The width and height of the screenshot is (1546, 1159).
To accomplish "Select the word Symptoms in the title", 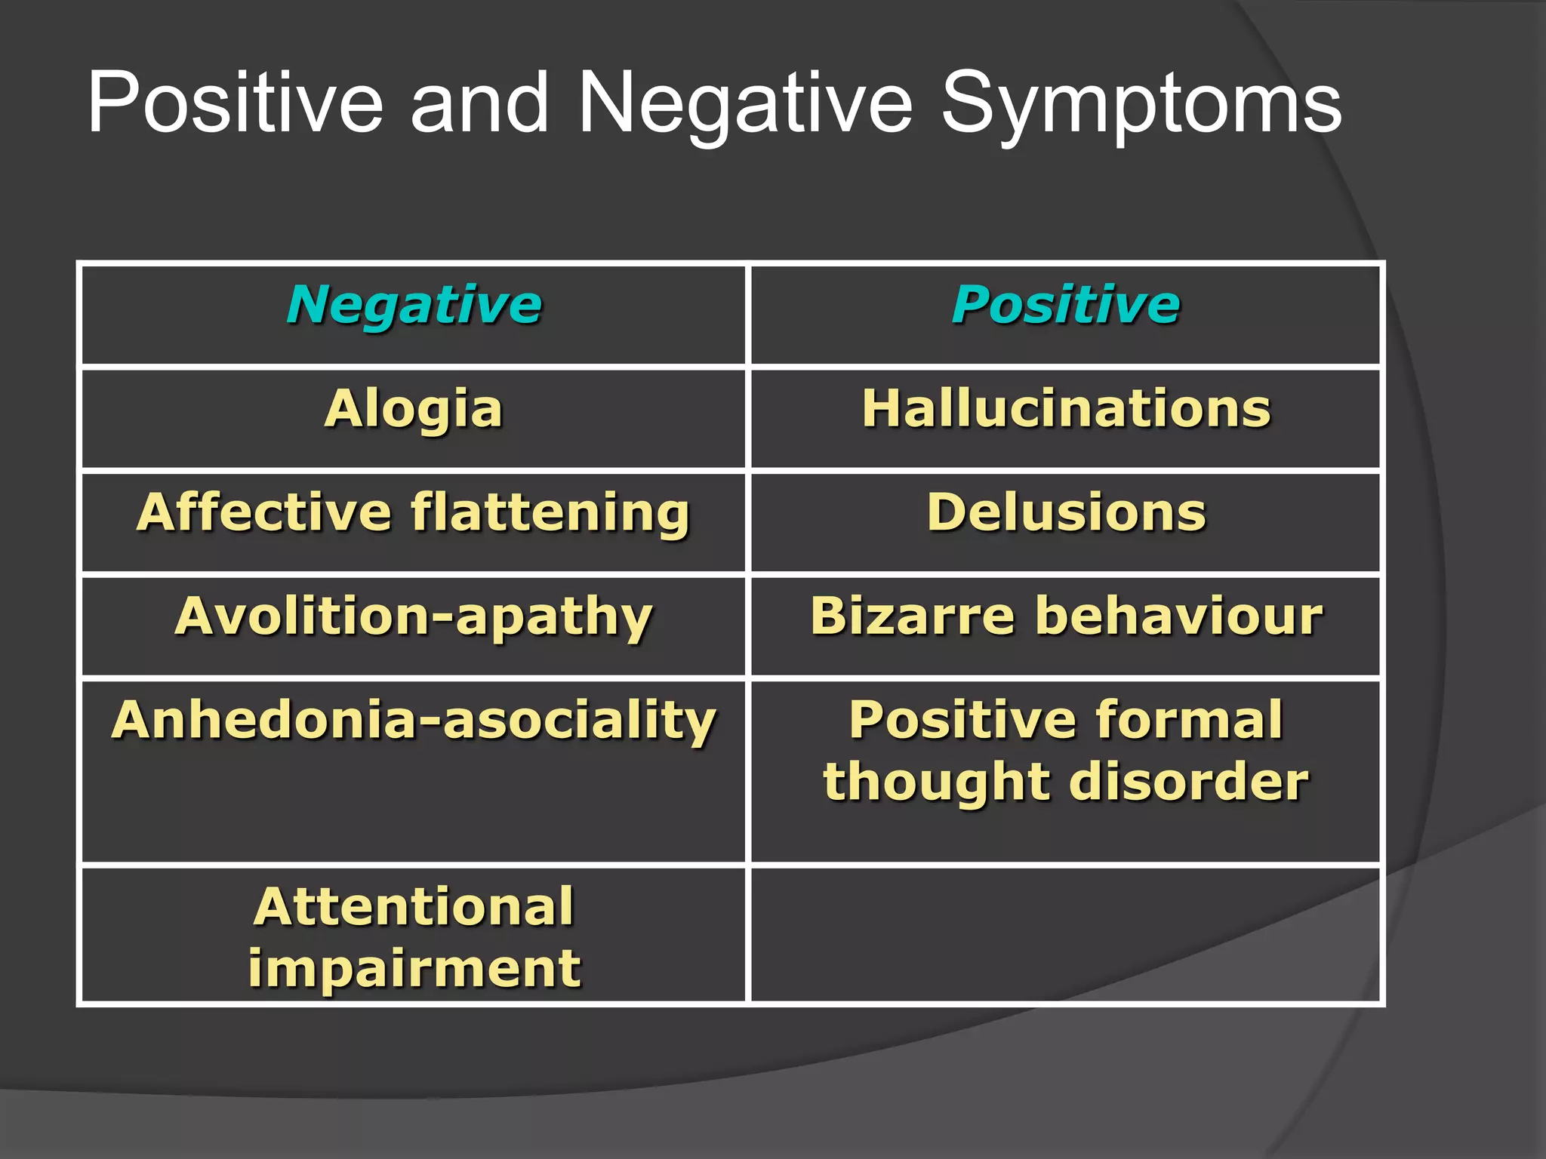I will pos(1141,103).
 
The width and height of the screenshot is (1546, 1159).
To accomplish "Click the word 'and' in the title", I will pos(479,103).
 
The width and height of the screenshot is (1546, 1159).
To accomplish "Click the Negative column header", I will pos(414,305).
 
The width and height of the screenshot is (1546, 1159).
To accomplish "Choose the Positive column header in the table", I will pos(1065,305).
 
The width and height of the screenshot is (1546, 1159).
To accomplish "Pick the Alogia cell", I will pos(414,409).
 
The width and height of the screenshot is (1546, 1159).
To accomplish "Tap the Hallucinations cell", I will pos(1066,409).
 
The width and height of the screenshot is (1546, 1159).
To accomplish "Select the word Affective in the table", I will pos(263,512).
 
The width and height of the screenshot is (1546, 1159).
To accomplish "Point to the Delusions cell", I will pos(1066,512).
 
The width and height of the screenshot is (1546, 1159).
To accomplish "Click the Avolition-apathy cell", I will pos(414,617).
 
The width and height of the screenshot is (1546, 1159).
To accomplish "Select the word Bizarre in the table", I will pos(912,616).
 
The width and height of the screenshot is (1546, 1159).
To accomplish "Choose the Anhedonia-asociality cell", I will pos(414,721).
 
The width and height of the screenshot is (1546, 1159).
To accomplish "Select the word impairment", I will pos(414,968).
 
